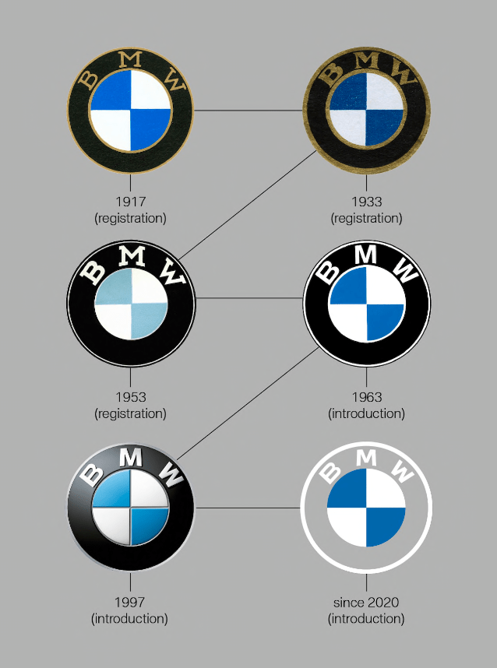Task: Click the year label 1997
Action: [x=130, y=603]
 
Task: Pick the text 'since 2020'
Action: [x=366, y=603]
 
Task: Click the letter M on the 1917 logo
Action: [x=130, y=60]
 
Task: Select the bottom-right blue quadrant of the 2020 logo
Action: [x=385, y=526]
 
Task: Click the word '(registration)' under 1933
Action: [x=366, y=218]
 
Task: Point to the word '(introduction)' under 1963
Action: [x=366, y=413]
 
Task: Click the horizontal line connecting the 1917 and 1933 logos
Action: [x=248, y=110]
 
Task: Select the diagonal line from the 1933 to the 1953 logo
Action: [x=248, y=206]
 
